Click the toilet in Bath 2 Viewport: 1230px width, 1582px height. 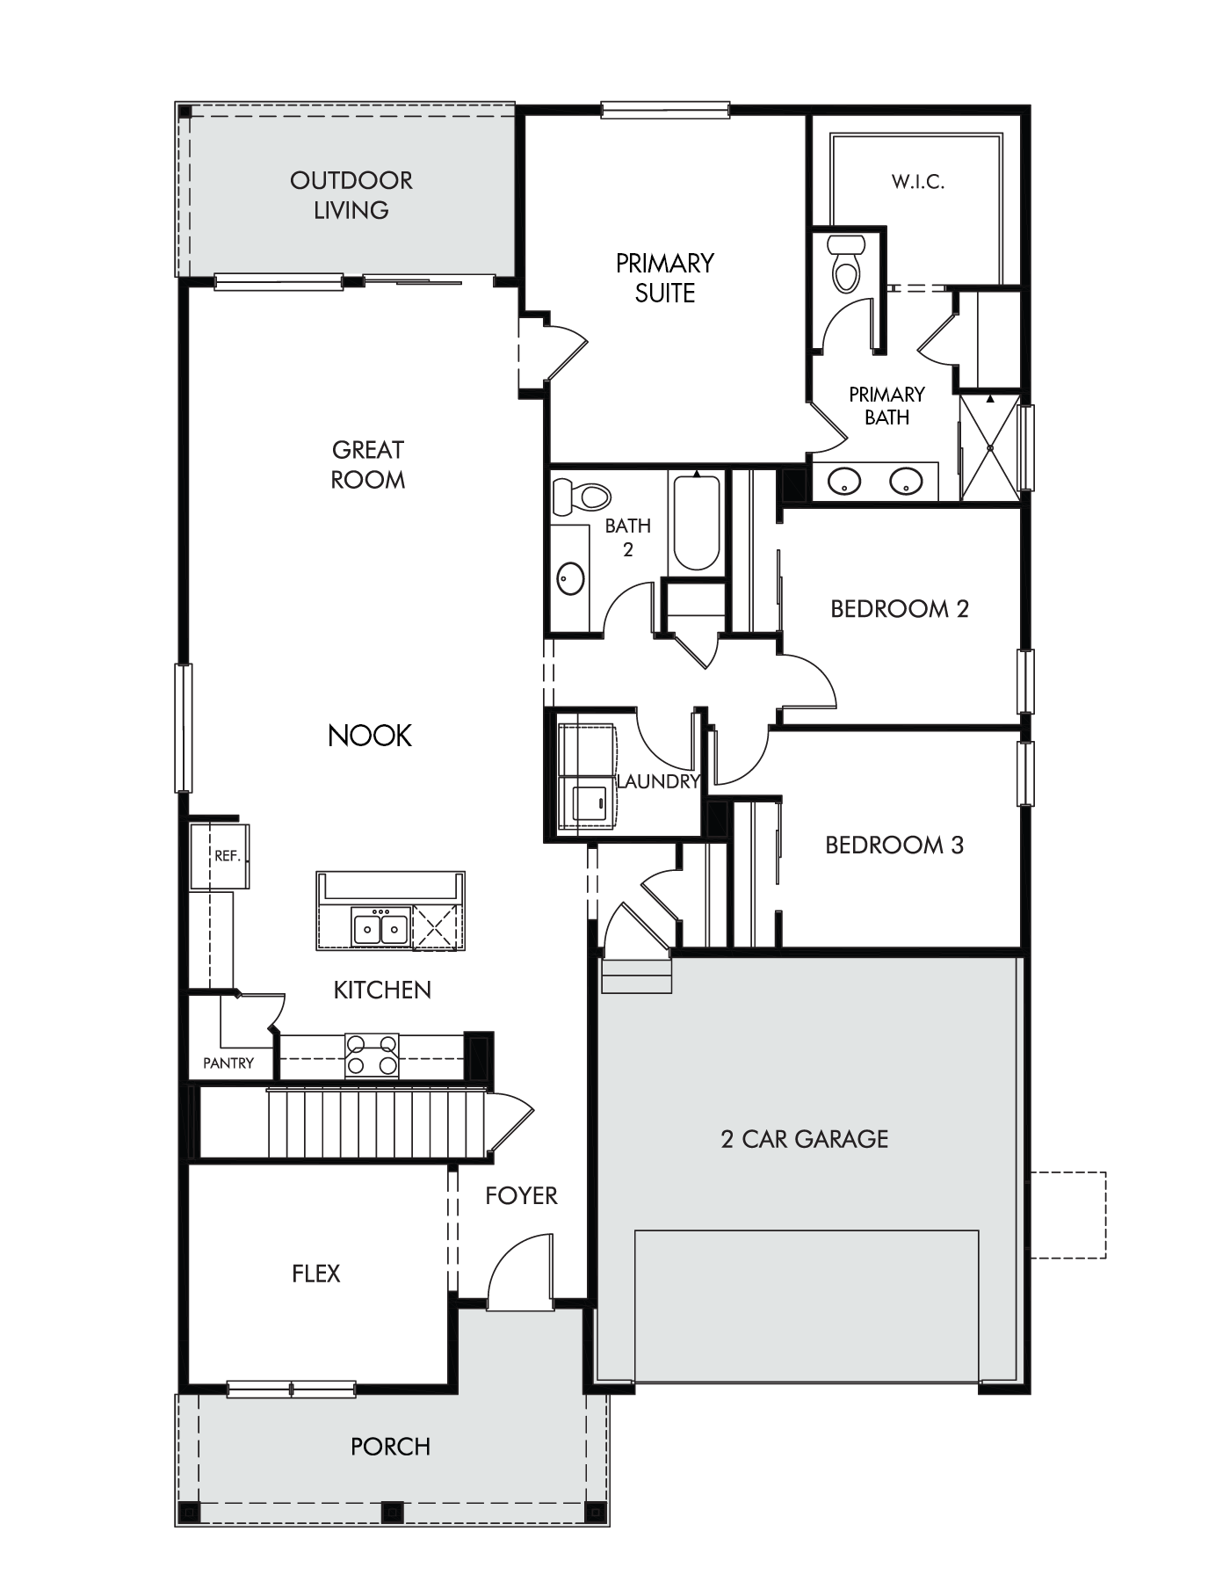[x=581, y=497]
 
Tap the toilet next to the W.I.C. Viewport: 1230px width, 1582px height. [x=847, y=263]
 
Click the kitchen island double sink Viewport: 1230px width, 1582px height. [x=380, y=926]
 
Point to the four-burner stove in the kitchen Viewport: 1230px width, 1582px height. [x=372, y=1056]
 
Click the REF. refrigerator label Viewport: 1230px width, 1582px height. [x=228, y=856]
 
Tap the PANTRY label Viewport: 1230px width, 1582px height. [x=228, y=1063]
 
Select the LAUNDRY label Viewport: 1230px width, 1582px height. [x=659, y=780]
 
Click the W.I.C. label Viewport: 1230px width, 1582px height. [x=918, y=182]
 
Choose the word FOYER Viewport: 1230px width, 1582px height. [x=522, y=1195]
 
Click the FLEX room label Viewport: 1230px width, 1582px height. [x=316, y=1274]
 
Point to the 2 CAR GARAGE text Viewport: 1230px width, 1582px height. [x=805, y=1139]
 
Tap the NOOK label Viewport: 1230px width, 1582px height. [x=370, y=736]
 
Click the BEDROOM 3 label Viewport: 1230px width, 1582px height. [x=894, y=845]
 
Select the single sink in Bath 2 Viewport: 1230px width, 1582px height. [x=572, y=578]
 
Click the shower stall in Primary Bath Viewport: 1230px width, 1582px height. [x=990, y=448]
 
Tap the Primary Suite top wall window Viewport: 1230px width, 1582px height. [x=665, y=110]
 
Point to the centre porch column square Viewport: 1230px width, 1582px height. [x=392, y=1512]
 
